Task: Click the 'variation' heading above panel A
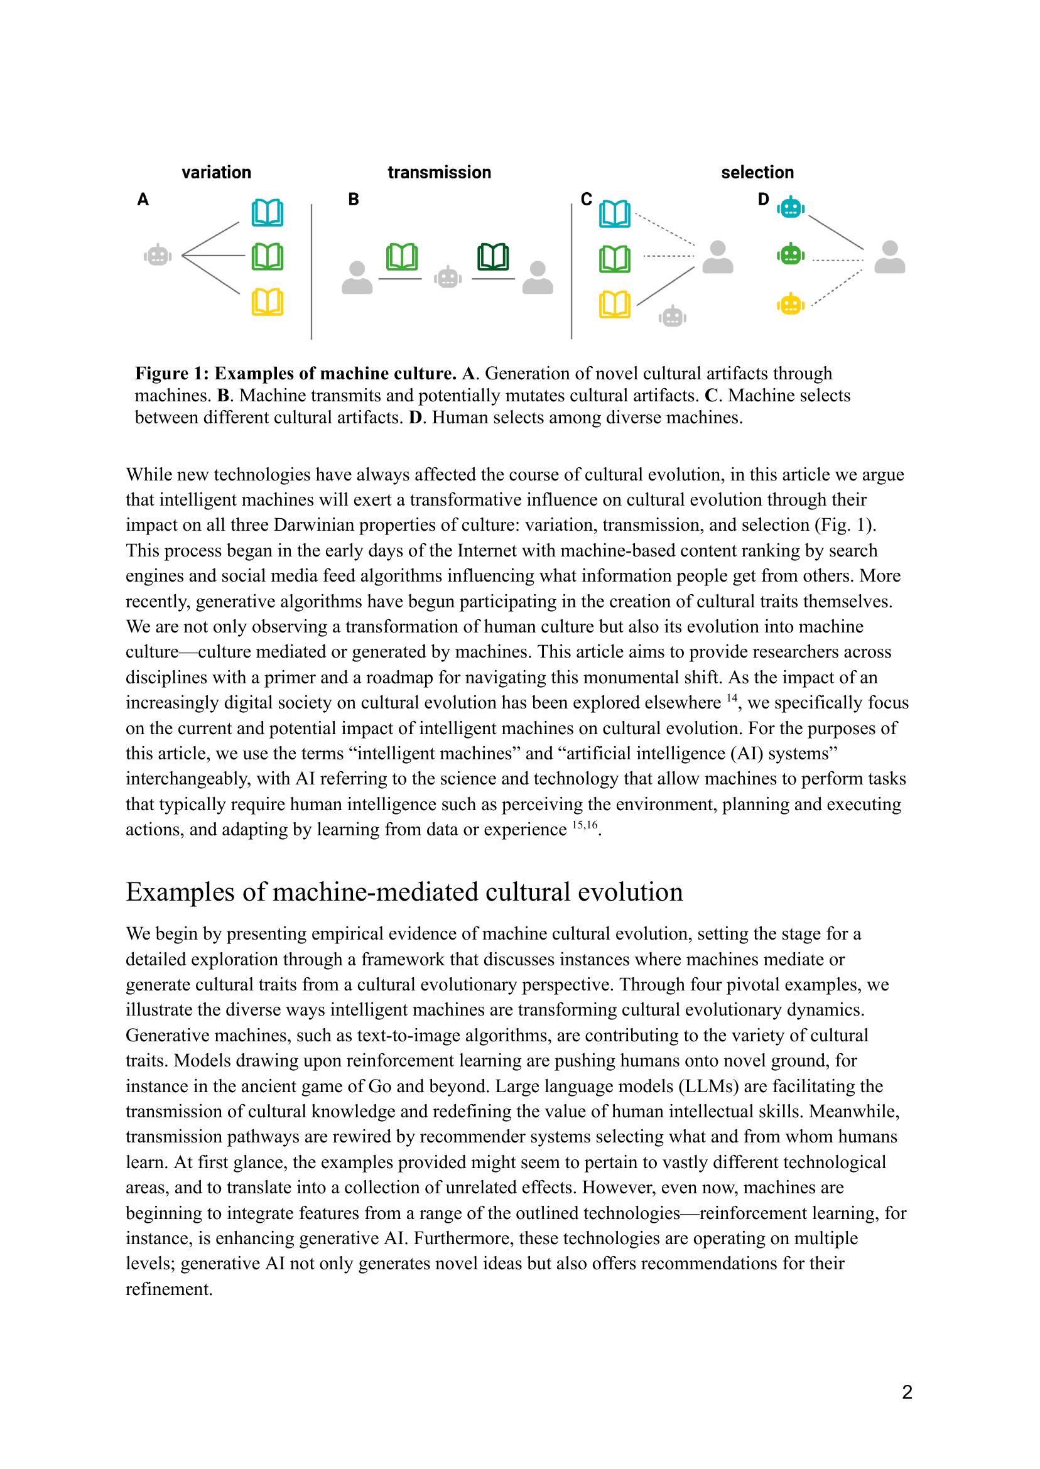coord(217,172)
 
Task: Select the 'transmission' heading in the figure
coord(440,172)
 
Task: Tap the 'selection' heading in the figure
coord(757,172)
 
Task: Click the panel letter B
coord(354,200)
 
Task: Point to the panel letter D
coord(763,200)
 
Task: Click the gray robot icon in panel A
coord(158,256)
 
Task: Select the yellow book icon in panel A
coord(267,302)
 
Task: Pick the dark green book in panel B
coord(493,257)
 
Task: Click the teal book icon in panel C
coord(614,214)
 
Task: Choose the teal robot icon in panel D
coord(791,207)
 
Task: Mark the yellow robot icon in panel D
coord(791,303)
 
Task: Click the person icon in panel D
coord(889,257)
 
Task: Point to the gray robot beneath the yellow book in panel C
coord(673,317)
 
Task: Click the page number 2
coord(907,1392)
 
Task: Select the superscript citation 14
coord(733,698)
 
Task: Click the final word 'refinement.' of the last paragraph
coord(169,1288)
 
